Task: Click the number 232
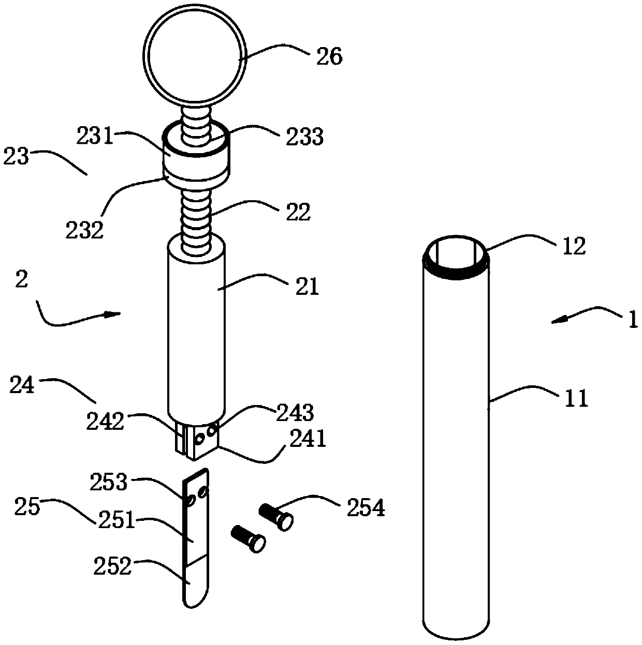pos(84,229)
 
